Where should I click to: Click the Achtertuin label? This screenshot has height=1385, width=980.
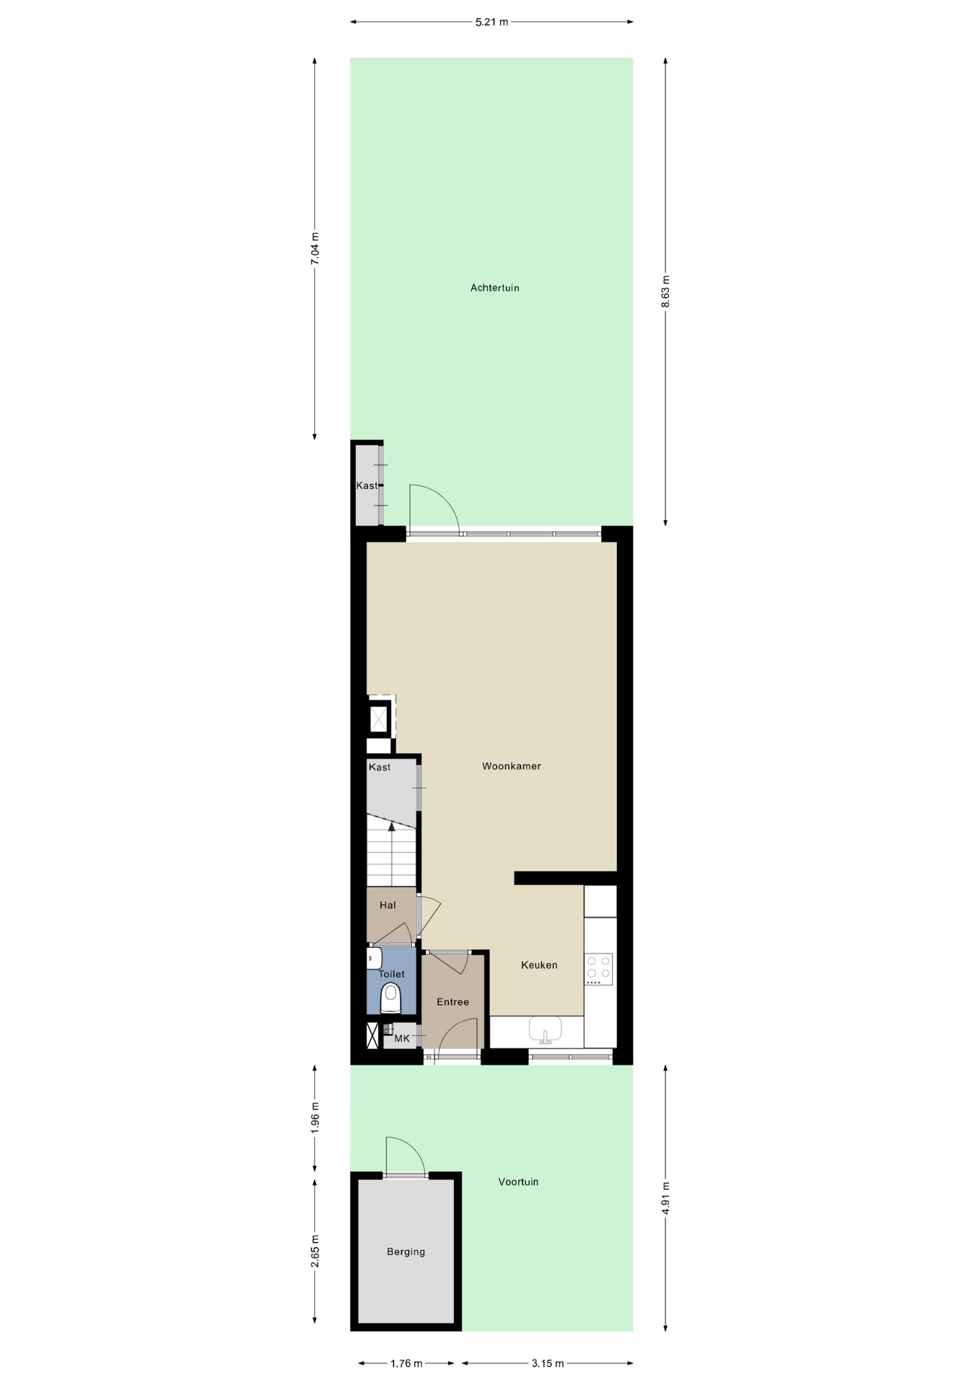click(494, 288)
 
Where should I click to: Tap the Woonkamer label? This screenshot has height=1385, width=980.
click(511, 766)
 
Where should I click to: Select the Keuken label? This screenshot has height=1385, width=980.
click(539, 965)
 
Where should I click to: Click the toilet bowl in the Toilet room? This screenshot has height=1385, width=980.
click(390, 998)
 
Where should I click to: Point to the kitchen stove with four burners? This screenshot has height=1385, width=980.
click(598, 969)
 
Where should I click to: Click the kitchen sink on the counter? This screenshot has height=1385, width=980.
click(545, 1029)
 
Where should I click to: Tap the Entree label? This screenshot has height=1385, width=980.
click(452, 1002)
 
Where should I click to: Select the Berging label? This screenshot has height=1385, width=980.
click(406, 1252)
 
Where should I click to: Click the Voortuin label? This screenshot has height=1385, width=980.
click(518, 1182)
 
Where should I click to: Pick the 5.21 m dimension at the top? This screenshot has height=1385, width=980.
click(491, 22)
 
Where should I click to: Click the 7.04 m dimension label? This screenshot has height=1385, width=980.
click(315, 248)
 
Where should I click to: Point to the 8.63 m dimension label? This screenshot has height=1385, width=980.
click(665, 291)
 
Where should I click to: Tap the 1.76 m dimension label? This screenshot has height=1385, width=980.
click(406, 1363)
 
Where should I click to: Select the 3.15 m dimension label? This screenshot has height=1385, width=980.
click(548, 1363)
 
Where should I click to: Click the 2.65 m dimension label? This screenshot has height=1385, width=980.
click(315, 1250)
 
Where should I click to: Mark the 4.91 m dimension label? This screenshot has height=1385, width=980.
click(665, 1198)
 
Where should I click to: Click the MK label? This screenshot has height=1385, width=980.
click(402, 1039)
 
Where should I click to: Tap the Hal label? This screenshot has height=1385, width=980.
click(388, 905)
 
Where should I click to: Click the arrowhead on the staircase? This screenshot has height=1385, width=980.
click(392, 827)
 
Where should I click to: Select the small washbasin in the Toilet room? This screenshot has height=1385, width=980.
click(374, 958)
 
